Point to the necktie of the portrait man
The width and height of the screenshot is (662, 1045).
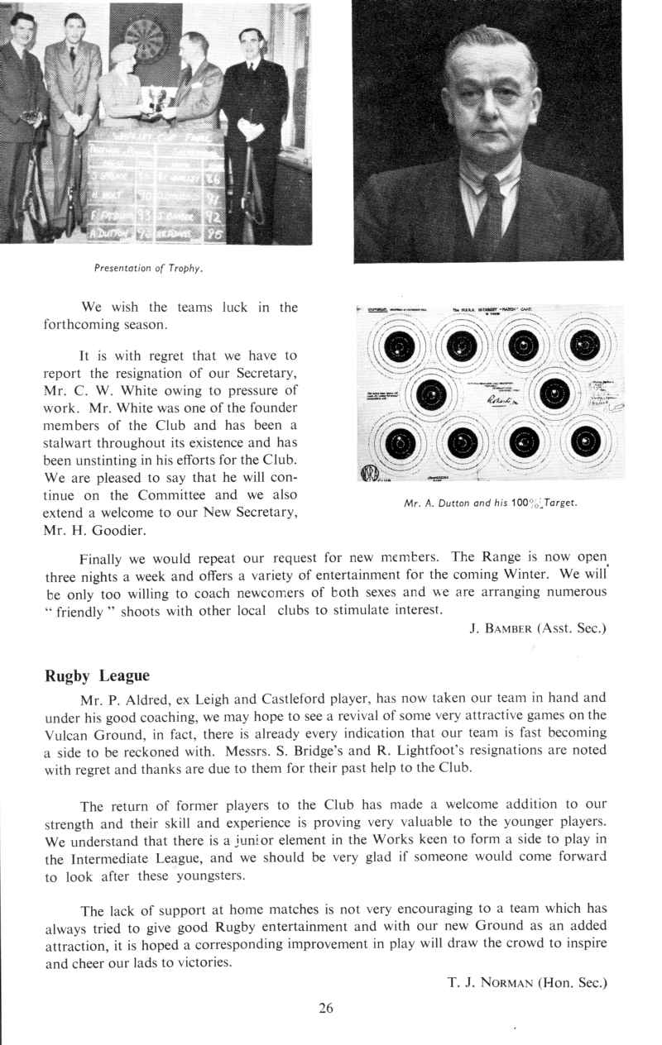coord(489,211)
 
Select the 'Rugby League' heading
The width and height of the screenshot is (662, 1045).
coord(97,675)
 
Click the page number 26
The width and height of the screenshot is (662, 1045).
coord(325,1007)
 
